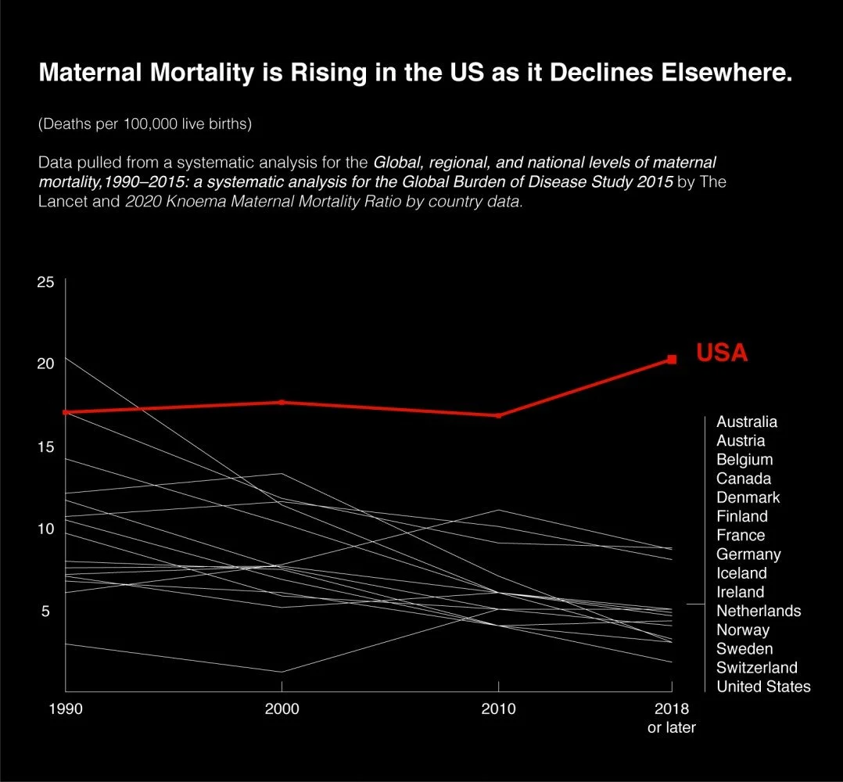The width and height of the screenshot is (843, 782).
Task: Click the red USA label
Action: click(x=722, y=353)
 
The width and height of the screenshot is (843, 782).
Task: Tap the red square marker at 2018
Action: click(x=672, y=360)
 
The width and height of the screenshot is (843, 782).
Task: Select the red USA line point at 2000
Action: click(x=282, y=402)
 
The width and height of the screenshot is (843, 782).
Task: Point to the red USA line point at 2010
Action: click(x=499, y=415)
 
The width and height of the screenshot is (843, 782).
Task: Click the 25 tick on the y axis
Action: click(x=46, y=282)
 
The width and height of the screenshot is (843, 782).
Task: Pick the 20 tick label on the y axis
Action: click(x=46, y=364)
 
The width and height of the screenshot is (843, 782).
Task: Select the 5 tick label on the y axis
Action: click(x=46, y=611)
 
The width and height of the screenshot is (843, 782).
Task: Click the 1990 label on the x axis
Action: click(x=65, y=709)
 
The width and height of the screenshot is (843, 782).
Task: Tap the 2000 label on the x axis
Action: click(x=282, y=709)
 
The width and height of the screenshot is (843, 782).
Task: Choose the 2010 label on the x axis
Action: click(x=499, y=709)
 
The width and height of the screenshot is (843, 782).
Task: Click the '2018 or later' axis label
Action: click(x=672, y=719)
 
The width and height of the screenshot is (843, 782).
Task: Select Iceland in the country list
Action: click(x=741, y=573)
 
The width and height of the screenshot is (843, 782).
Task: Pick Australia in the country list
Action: click(x=747, y=421)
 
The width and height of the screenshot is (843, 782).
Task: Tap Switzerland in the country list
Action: click(x=756, y=668)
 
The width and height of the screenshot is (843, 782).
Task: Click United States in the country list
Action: click(x=763, y=687)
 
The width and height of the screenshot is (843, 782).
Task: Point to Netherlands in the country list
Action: click(x=759, y=611)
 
